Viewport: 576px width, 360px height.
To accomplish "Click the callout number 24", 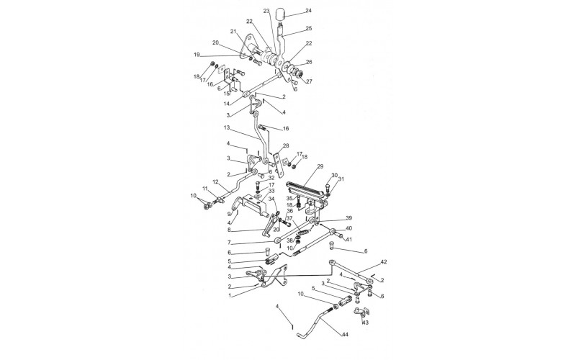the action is (x=308, y=11).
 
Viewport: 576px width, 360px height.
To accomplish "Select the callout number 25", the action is (x=308, y=28).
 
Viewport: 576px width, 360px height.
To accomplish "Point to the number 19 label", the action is (x=197, y=55).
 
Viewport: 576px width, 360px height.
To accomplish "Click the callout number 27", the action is (x=309, y=81).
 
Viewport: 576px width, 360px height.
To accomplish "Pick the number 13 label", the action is (x=227, y=128).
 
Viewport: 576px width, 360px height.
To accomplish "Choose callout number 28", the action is (x=286, y=146).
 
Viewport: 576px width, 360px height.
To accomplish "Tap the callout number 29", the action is (x=320, y=166).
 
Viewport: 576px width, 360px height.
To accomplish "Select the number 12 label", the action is (x=215, y=181).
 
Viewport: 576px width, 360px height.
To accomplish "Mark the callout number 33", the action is (x=271, y=191).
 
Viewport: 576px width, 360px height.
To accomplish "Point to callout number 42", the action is (x=384, y=262).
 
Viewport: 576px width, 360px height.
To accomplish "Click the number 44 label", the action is (x=345, y=335).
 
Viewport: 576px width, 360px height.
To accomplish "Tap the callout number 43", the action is (x=365, y=323).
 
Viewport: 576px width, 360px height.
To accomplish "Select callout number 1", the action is (x=230, y=295).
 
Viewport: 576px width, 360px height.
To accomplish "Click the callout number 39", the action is (x=348, y=218).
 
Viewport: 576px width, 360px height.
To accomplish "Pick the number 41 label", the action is (x=348, y=240).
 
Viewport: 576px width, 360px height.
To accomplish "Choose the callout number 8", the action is (x=230, y=230).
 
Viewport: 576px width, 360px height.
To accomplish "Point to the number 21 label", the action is (x=233, y=32).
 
